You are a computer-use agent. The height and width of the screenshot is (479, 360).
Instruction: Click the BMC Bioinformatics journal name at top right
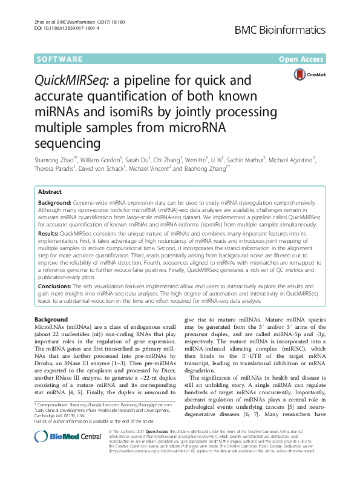293,30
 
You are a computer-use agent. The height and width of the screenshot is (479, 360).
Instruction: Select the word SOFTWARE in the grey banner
59,59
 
